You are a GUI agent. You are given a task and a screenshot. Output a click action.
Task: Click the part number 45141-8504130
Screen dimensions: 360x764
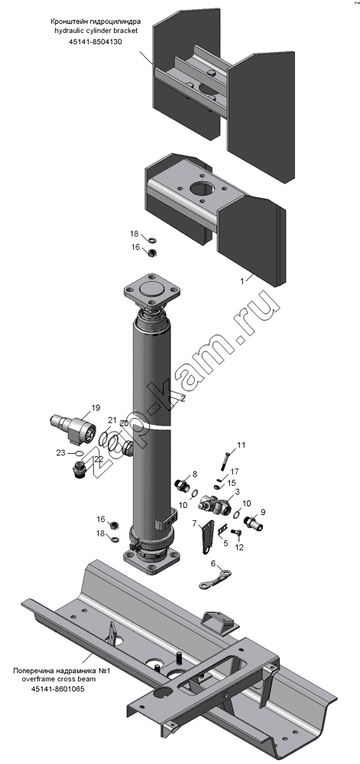click(x=96, y=41)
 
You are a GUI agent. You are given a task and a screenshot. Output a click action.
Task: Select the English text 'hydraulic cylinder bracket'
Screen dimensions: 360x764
click(x=96, y=31)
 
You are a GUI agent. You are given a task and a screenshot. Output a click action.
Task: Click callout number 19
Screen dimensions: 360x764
click(x=95, y=407)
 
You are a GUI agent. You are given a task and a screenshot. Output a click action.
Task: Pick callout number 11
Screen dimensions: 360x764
click(x=242, y=445)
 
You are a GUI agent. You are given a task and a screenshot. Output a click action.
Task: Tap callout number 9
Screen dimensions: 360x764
click(x=263, y=512)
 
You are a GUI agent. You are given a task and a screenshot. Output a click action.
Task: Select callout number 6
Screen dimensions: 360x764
click(x=213, y=563)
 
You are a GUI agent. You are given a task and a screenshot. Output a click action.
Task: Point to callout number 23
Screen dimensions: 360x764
click(x=60, y=452)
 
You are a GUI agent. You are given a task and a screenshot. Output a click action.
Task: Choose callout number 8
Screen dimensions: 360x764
click(x=194, y=473)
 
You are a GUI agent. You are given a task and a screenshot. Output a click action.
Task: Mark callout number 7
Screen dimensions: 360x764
click(x=194, y=523)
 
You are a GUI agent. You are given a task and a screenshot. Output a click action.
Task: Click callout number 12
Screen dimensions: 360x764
click(x=238, y=547)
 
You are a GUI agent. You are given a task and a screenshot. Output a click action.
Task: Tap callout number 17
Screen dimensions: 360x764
click(x=235, y=471)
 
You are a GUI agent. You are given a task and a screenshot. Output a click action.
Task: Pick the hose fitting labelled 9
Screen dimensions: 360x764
click(x=253, y=523)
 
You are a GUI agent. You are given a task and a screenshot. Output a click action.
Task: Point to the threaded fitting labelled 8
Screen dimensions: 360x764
click(x=182, y=485)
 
